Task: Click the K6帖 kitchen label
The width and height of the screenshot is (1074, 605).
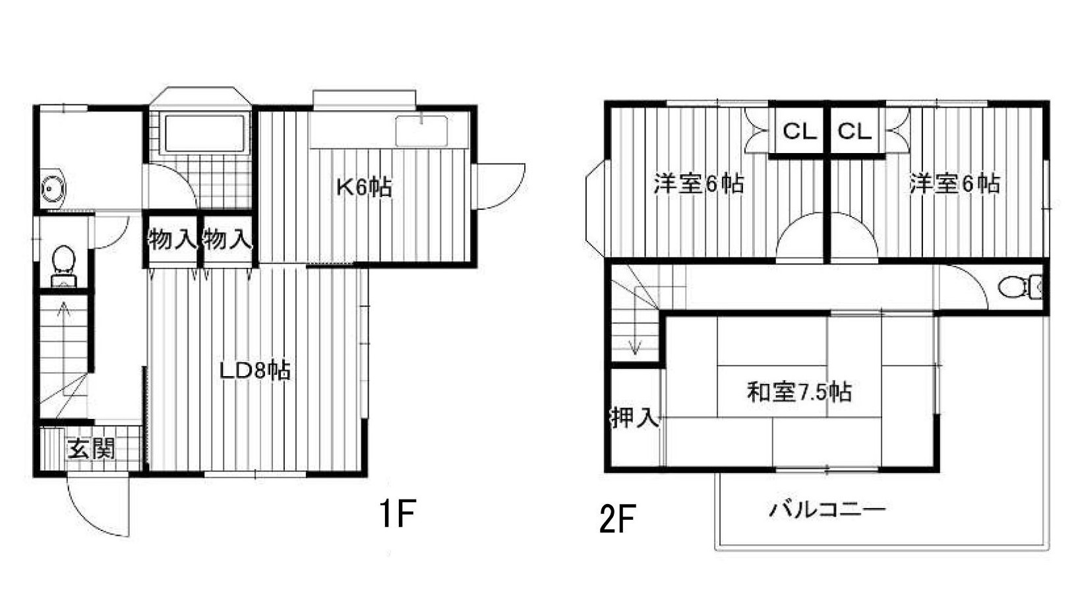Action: click(x=364, y=187)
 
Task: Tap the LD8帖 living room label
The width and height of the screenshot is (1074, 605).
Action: click(x=254, y=370)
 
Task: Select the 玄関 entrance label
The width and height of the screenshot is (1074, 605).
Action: click(x=92, y=449)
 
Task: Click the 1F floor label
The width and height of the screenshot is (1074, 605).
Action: click(x=398, y=514)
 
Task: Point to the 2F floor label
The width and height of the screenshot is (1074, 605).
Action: click(x=617, y=519)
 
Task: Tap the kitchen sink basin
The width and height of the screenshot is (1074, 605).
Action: click(x=421, y=131)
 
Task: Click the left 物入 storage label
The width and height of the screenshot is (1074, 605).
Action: click(x=172, y=239)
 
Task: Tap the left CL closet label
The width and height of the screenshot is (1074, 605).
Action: click(x=800, y=131)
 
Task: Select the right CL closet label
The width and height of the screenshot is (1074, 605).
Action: click(x=854, y=131)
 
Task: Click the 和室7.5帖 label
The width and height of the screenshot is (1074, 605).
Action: click(x=799, y=393)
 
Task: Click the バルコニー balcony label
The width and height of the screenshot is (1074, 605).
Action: click(x=827, y=509)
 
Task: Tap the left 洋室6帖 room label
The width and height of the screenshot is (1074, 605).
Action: click(x=699, y=183)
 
